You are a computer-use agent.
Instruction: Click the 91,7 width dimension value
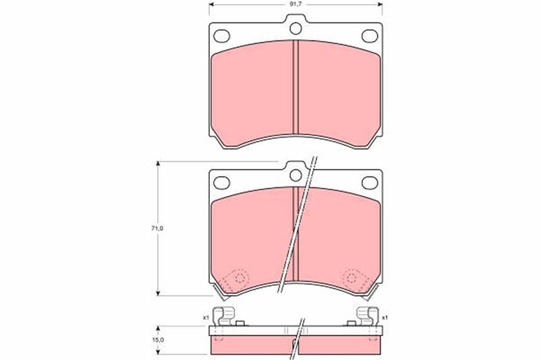pyautogui.click(x=296, y=5)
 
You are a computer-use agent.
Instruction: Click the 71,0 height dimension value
pyautogui.click(x=158, y=228)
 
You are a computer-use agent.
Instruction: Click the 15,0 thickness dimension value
pyautogui.click(x=158, y=340)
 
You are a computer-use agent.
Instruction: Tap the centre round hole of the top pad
pyautogui.click(x=296, y=28)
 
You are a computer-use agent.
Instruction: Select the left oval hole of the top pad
pyautogui.click(x=221, y=36)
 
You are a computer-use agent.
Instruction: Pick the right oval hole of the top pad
pyautogui.click(x=370, y=36)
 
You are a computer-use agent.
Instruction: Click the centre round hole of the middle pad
pyautogui.click(x=296, y=176)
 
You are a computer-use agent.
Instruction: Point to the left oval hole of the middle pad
pyautogui.click(x=221, y=182)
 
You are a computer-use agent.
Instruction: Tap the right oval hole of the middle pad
pyautogui.click(x=370, y=182)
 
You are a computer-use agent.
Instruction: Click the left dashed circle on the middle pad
pyautogui.click(x=241, y=278)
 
